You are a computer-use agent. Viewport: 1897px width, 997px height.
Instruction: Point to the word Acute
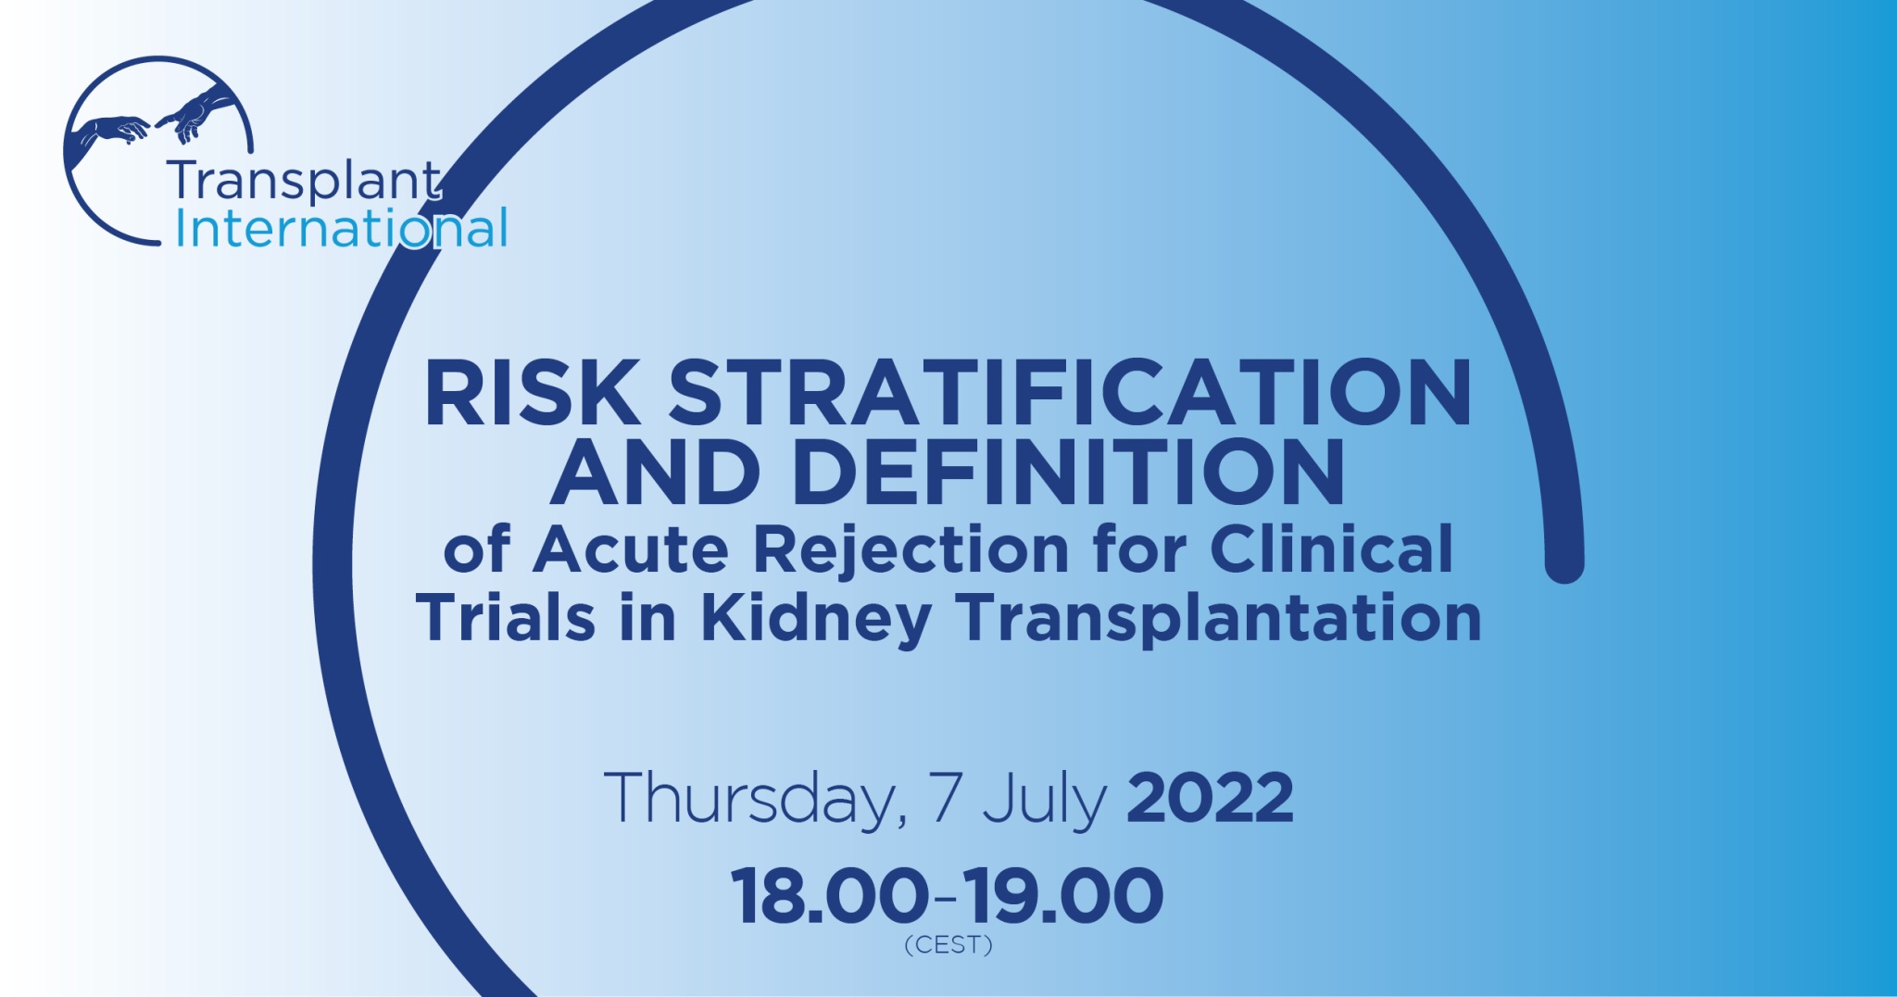click(632, 549)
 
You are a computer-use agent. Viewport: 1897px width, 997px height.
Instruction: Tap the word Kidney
click(816, 620)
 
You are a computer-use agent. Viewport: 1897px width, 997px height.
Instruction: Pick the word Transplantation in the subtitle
click(1219, 620)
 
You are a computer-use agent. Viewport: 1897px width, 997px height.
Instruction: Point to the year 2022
click(1210, 798)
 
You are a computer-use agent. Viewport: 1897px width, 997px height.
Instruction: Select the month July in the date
click(1045, 800)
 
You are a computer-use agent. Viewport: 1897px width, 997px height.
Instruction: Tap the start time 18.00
click(830, 896)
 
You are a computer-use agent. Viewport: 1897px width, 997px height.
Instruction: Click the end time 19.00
click(1063, 896)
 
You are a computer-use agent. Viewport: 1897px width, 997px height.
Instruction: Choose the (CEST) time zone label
click(948, 945)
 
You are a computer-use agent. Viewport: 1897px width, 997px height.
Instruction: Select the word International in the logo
click(341, 228)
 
